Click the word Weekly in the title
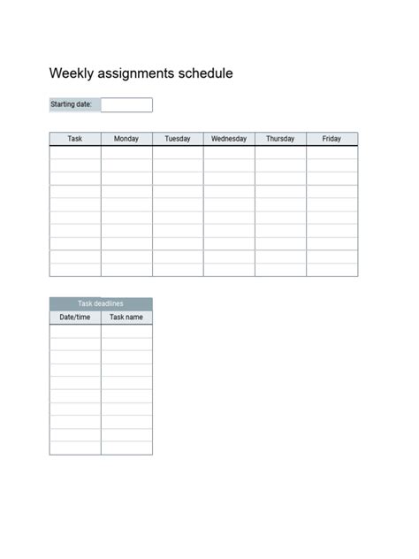69,73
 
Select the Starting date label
72,104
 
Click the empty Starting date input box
127,104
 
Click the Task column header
75,139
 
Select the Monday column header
126,139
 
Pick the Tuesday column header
178,139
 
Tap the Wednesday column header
229,139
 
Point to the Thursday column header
280,139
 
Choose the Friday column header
331,139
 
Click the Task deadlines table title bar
101,303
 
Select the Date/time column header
75,317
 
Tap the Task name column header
126,317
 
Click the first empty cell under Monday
126,152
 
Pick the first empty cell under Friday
331,152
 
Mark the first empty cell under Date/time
75,331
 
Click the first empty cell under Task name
126,331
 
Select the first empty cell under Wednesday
229,152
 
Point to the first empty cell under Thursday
280,152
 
